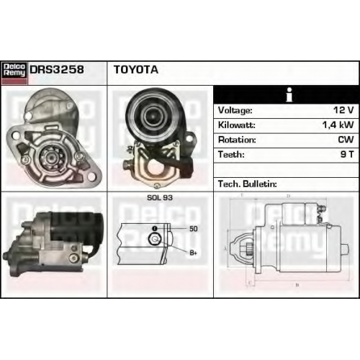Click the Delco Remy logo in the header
coord(14,73)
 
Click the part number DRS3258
coord(57,70)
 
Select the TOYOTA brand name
coord(136,70)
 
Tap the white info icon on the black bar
coord(289,94)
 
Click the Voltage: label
coord(235,110)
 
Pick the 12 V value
coord(343,110)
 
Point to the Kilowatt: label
coord(236,125)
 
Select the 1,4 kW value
coord(338,125)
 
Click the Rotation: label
coord(237,140)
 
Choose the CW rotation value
coord(346,140)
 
